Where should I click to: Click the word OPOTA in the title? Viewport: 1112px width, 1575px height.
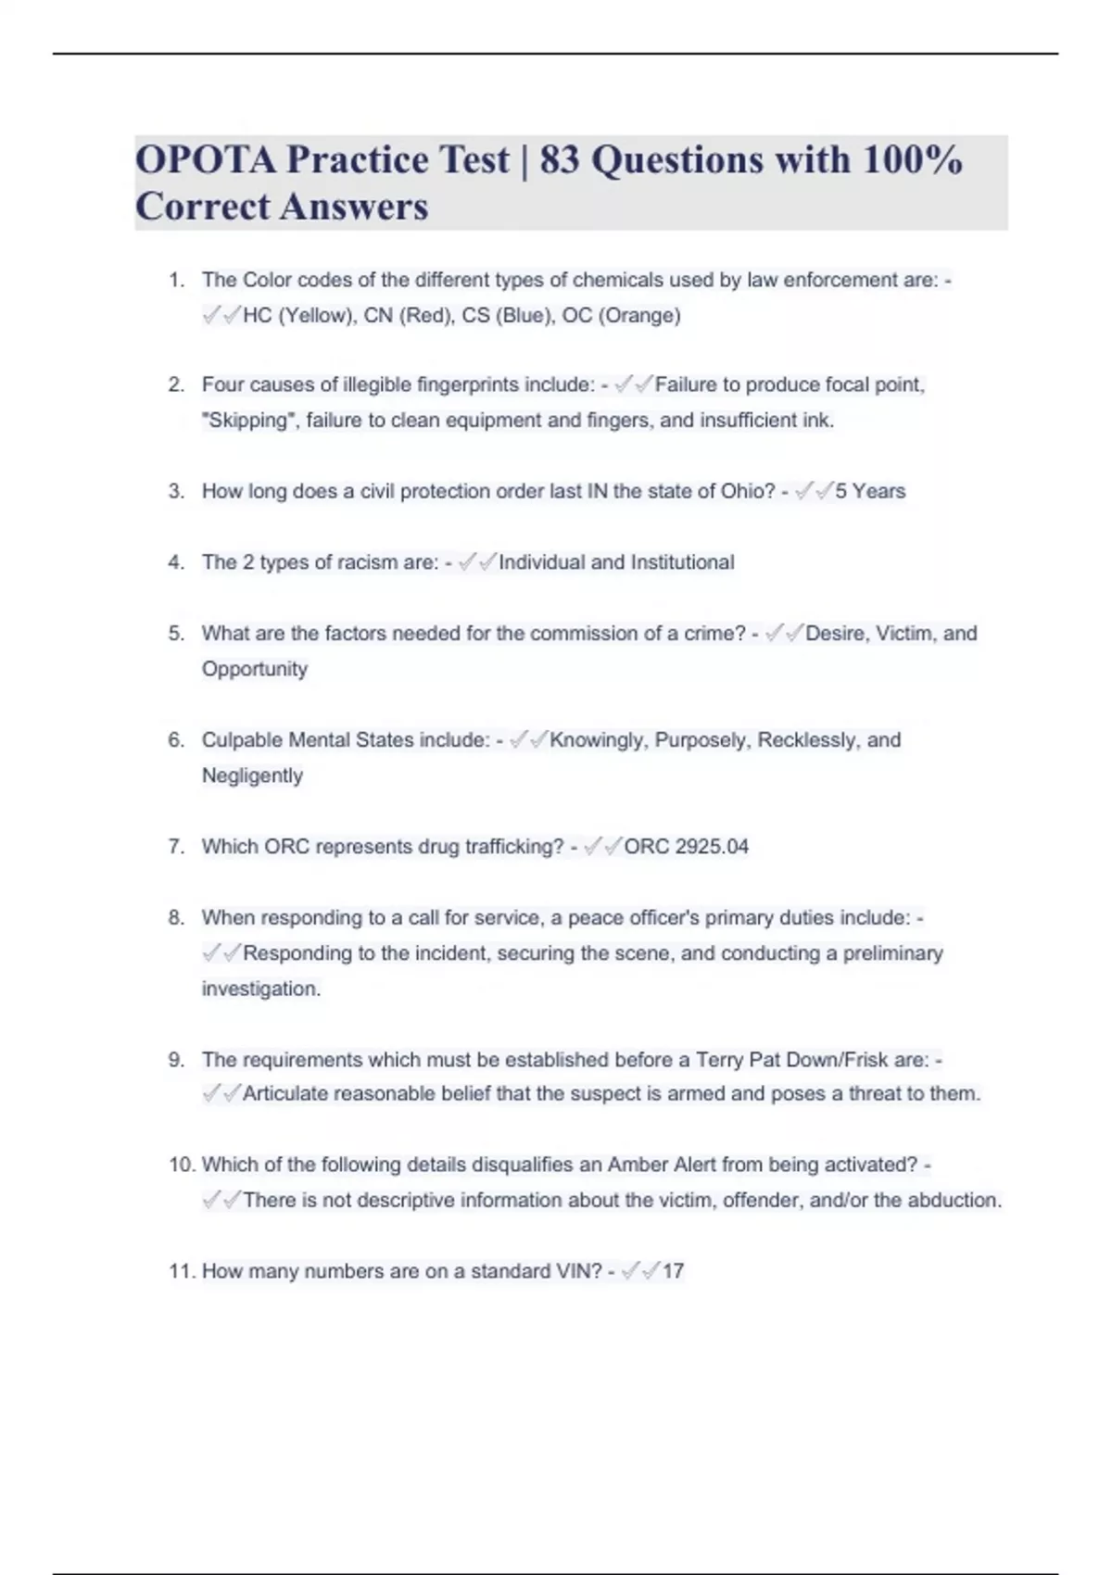click(x=205, y=159)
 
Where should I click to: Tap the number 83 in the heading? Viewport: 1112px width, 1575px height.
click(x=559, y=159)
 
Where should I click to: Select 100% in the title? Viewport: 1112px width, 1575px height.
click(x=912, y=159)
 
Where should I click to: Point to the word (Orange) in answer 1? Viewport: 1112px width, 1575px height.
click(x=639, y=316)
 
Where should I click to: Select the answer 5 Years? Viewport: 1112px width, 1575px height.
click(x=870, y=491)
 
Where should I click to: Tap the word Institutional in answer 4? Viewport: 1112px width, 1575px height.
click(x=682, y=562)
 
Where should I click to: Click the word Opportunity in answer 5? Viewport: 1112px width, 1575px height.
click(x=255, y=669)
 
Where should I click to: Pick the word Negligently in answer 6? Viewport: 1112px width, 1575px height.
click(x=252, y=775)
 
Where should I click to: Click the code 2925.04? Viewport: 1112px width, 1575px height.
click(x=712, y=847)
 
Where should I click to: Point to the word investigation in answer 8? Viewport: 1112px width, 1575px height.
click(x=259, y=989)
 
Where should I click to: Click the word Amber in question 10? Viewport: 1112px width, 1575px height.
click(x=637, y=1165)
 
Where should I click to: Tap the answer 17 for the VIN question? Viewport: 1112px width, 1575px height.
click(x=673, y=1271)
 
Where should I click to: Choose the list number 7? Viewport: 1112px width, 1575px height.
click(x=176, y=847)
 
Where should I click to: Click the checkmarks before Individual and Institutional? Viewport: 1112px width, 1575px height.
click(x=477, y=562)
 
